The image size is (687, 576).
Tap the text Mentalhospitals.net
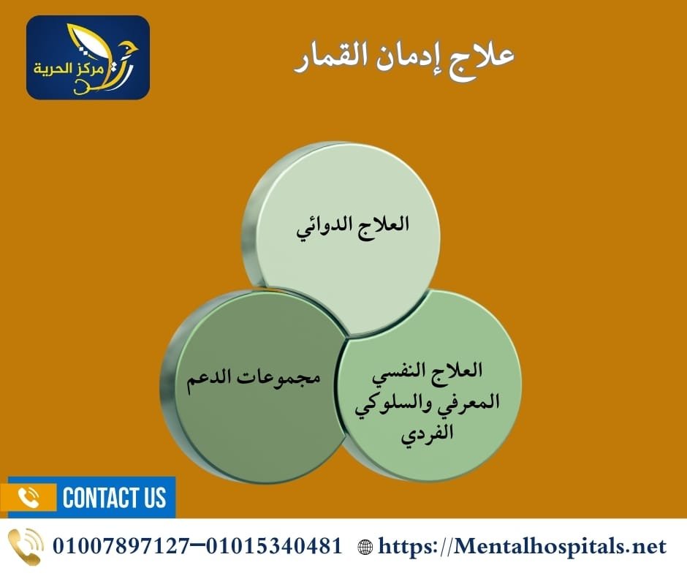pos(559,546)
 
